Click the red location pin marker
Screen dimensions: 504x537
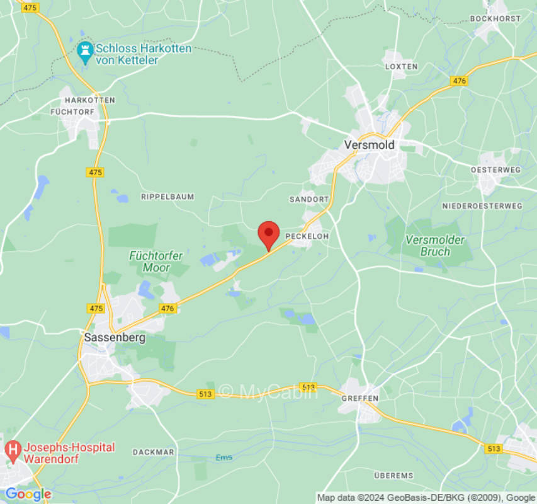pyautogui.click(x=269, y=235)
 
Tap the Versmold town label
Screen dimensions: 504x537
pyautogui.click(x=369, y=145)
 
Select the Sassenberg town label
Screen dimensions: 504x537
pyautogui.click(x=115, y=338)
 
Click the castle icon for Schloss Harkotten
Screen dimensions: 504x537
pyautogui.click(x=84, y=50)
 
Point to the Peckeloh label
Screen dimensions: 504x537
pyautogui.click(x=307, y=236)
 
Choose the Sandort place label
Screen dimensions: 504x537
pyautogui.click(x=309, y=199)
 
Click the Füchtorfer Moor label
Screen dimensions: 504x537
pyautogui.click(x=156, y=261)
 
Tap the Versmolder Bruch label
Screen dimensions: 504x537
pyautogui.click(x=435, y=246)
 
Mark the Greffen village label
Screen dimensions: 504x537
pyautogui.click(x=360, y=398)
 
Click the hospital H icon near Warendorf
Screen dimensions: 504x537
pyautogui.click(x=12, y=450)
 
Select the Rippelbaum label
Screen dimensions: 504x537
pyautogui.click(x=167, y=197)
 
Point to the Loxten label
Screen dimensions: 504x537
pyautogui.click(x=401, y=66)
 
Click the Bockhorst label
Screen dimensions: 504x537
pyautogui.click(x=495, y=19)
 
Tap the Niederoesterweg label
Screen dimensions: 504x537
pyautogui.click(x=482, y=206)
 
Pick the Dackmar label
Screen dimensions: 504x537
pyautogui.click(x=154, y=452)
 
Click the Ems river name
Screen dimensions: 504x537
pyautogui.click(x=223, y=457)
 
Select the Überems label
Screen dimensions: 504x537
pyautogui.click(x=393, y=475)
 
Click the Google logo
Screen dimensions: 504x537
pyautogui.click(x=28, y=494)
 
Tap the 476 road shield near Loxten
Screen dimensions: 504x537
pyautogui.click(x=459, y=81)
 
